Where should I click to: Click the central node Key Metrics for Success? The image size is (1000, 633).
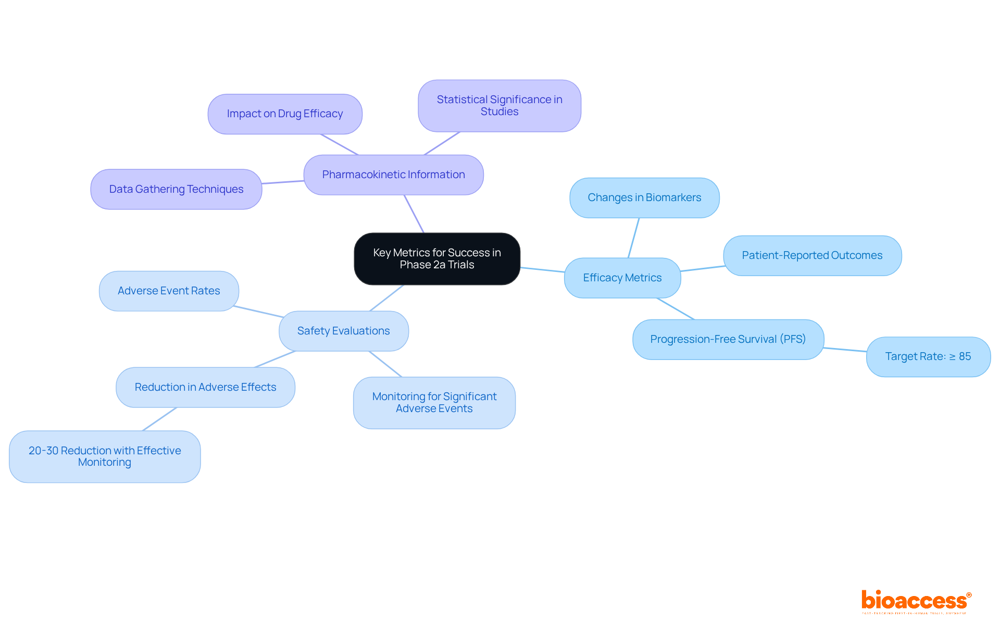point(437,259)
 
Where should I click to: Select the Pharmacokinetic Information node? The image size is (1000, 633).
point(393,175)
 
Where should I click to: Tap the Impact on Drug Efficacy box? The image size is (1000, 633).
point(285,114)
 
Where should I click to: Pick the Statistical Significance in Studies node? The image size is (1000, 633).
point(499,106)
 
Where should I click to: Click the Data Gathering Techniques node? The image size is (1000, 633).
point(176,189)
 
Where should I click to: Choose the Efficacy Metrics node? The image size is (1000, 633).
point(622,278)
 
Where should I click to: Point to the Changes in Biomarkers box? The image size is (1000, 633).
point(644,198)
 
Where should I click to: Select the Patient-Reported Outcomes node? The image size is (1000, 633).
point(812,256)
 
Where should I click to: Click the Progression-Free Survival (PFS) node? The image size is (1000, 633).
point(728,340)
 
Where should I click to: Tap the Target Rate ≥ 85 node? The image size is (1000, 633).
point(928,357)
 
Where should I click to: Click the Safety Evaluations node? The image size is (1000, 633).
point(344,331)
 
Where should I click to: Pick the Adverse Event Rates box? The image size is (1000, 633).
point(169,291)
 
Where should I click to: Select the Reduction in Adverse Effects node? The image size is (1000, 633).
point(205,388)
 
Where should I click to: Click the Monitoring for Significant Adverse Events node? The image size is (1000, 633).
point(434,403)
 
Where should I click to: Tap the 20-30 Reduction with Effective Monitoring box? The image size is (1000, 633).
point(105,456)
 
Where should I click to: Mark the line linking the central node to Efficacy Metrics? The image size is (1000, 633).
point(542,270)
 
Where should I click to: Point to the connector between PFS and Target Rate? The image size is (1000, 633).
point(845,350)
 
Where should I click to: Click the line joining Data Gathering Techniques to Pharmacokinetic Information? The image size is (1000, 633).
point(283,182)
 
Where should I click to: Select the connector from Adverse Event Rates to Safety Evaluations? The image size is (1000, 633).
point(259,312)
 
